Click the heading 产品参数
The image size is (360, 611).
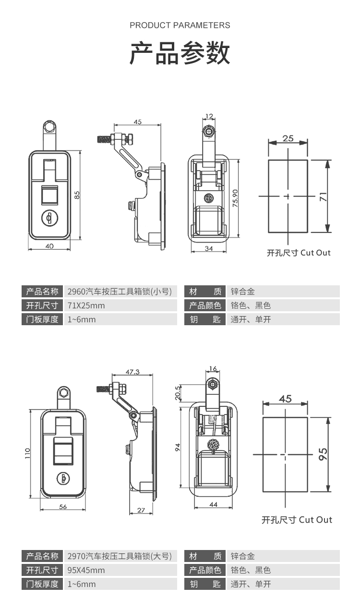(180, 53)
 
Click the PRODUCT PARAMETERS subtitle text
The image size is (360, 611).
(180, 25)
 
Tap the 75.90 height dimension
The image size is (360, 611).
(235, 197)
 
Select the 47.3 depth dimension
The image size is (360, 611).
(132, 372)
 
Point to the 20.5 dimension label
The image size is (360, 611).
(178, 392)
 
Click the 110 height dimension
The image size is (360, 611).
(28, 453)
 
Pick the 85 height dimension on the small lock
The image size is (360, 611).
(77, 195)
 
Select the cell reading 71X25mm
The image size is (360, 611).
(86, 305)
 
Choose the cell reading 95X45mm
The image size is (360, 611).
(86, 570)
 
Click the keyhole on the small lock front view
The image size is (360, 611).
(49, 219)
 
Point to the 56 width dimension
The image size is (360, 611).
(63, 507)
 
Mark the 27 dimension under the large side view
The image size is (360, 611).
(141, 510)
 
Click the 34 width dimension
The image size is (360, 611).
(208, 248)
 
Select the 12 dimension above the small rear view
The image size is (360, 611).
(209, 116)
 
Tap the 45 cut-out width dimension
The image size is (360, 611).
(285, 399)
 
